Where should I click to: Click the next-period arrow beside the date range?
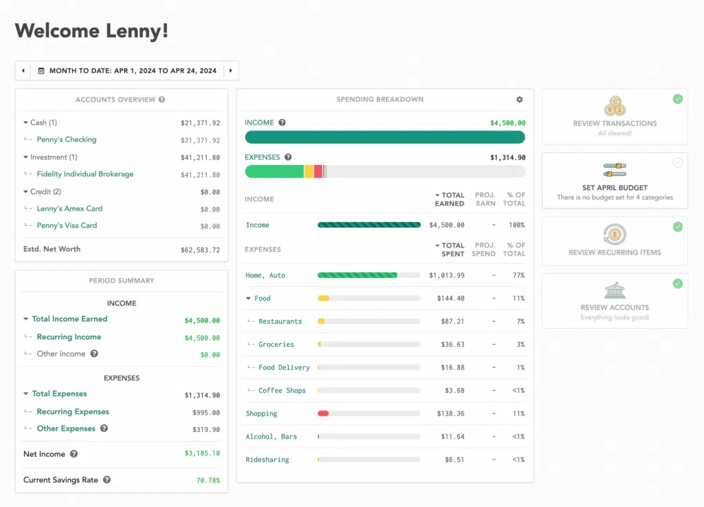pos(231,71)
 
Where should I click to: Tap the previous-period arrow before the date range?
pos(23,71)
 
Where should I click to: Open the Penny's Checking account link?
pos(66,140)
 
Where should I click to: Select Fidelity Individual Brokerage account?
pos(85,174)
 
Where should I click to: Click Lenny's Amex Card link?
pos(69,208)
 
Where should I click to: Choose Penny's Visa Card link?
pos(67,226)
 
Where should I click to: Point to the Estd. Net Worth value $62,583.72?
pos(200,250)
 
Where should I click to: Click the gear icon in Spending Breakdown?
pos(519,100)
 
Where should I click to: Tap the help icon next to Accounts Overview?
pos(162,100)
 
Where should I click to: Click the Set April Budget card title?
pos(615,188)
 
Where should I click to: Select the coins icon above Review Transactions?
pos(615,107)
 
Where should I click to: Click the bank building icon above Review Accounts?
pos(615,290)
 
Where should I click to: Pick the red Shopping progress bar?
pos(323,413)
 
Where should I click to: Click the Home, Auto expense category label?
pos(265,275)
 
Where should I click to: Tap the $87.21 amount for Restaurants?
pos(450,321)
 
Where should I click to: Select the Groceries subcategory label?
pos(276,345)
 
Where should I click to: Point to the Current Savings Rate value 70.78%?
pos(208,480)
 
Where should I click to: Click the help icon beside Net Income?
pos(74,454)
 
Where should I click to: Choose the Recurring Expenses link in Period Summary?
pos(73,412)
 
